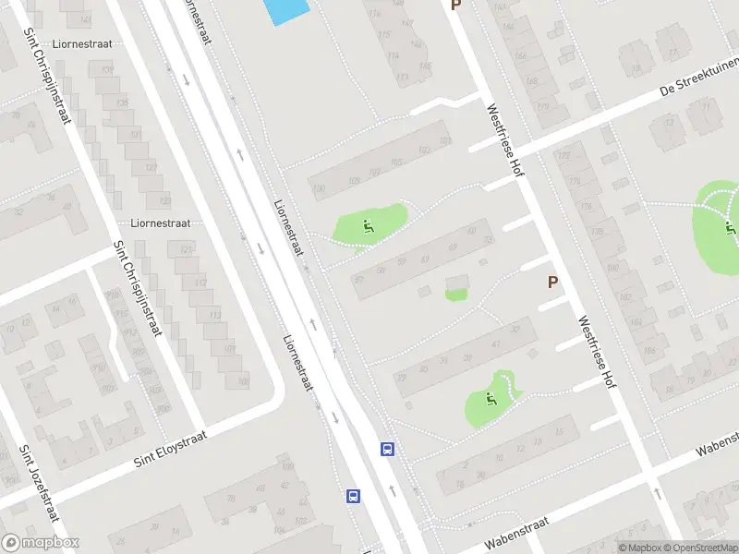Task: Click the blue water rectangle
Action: coord(285,11)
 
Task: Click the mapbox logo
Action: coord(41,543)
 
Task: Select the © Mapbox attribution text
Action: coord(638,548)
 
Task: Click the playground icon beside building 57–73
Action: coord(369,225)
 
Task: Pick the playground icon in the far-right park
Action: coord(731,227)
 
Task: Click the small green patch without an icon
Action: coord(455,295)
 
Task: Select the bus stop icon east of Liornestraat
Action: coord(388,450)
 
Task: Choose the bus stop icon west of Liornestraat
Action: coord(353,496)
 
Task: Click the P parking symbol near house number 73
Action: coord(553,282)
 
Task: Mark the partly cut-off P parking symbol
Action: coord(454,6)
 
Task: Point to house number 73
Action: coord(488,241)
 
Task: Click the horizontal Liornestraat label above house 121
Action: coord(160,223)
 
